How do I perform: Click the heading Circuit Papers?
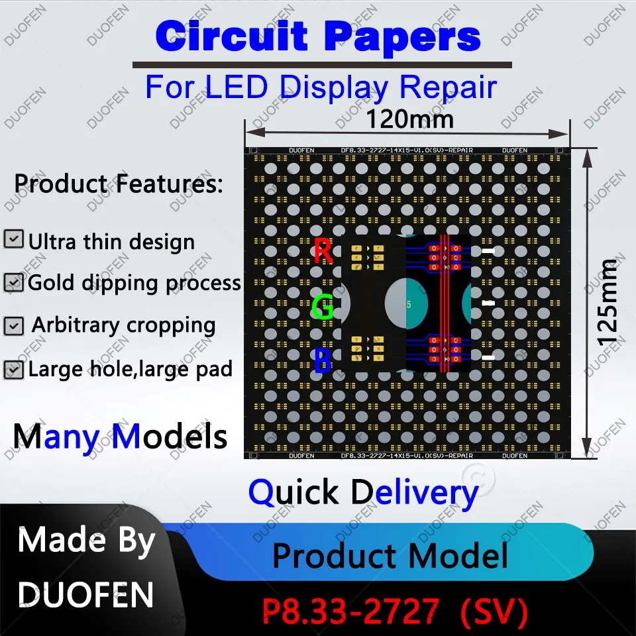tap(318, 36)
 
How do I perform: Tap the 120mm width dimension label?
tap(410, 120)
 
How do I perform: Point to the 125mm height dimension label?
tap(608, 302)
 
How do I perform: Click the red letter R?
tap(323, 252)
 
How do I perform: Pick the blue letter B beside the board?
tap(323, 361)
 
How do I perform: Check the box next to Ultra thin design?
tap(13, 239)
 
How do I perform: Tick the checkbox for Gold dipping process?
tap(13, 283)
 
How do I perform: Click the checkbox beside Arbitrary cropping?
tap(13, 326)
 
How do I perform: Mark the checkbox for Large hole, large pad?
tap(13, 369)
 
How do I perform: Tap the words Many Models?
tap(120, 437)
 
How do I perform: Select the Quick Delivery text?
tap(363, 493)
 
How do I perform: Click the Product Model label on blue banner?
tap(390, 555)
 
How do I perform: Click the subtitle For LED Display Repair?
tap(321, 87)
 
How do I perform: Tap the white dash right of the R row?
tap(488, 252)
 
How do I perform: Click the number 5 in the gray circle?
tap(409, 305)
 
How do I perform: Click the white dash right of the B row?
tap(488, 358)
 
